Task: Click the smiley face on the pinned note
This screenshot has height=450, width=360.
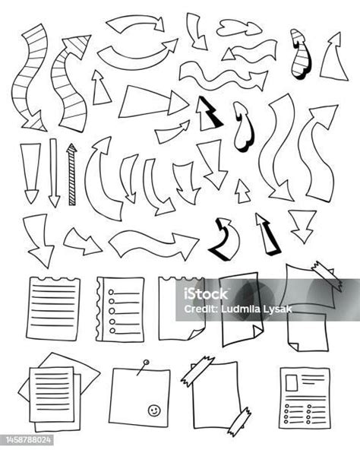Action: pyautogui.click(x=154, y=410)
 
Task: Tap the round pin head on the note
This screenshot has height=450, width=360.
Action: pyautogui.click(x=146, y=363)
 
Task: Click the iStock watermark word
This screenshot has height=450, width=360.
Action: pyautogui.click(x=206, y=293)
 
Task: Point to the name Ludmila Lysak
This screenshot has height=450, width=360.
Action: pyautogui.click(x=257, y=309)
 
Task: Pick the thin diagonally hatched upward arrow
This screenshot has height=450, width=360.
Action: pyautogui.click(x=71, y=174)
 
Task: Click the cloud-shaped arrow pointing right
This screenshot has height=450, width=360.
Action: pyautogui.click(x=238, y=28)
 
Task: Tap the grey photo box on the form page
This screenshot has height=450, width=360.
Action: pyautogui.click(x=292, y=383)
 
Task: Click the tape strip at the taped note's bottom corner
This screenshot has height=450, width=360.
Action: pyautogui.click(x=239, y=421)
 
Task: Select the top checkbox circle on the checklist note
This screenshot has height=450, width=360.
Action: pyautogui.click(x=111, y=292)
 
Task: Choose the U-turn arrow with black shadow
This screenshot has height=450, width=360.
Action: pyautogui.click(x=225, y=239)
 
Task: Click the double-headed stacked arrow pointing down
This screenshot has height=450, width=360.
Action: pyautogui.click(x=302, y=226)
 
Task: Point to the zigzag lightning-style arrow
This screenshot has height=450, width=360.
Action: pyautogui.click(x=209, y=113)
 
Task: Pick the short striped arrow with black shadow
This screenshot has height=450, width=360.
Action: pyautogui.click(x=301, y=54)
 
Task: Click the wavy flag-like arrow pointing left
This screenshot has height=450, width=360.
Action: pyautogui.click(x=249, y=51)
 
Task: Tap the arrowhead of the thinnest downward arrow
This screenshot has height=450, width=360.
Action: pyautogui.click(x=54, y=201)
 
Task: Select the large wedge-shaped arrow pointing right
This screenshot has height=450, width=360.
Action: pyautogui.click(x=153, y=102)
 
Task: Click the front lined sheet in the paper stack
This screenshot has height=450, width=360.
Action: pyautogui.click(x=52, y=394)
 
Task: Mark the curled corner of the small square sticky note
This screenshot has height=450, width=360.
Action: pyautogui.click(x=293, y=346)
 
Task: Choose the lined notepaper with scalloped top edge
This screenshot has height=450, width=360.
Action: pyautogui.click(x=53, y=309)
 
